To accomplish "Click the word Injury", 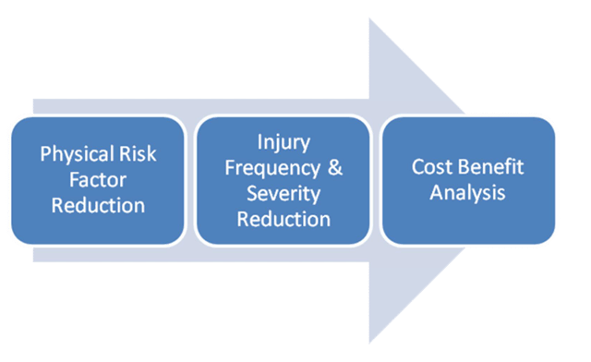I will point(283,141).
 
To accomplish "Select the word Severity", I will point(283,194).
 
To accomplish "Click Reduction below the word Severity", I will point(283,220).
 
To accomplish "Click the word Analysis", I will point(468,194).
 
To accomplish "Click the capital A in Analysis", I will point(437,194).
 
